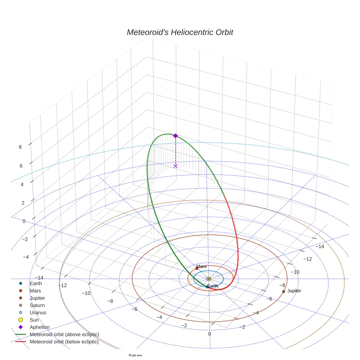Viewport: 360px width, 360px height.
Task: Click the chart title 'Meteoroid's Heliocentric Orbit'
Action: click(x=180, y=33)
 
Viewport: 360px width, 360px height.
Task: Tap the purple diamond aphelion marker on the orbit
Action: click(x=175, y=136)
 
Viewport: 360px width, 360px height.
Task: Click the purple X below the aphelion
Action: click(x=175, y=166)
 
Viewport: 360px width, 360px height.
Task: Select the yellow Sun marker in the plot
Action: click(x=209, y=279)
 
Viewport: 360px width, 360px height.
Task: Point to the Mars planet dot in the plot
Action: click(x=197, y=268)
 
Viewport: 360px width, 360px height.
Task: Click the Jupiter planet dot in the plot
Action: click(x=284, y=292)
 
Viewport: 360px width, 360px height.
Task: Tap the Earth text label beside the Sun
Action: click(x=213, y=286)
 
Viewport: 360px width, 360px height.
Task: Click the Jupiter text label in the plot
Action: click(x=294, y=291)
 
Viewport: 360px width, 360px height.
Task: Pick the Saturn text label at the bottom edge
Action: click(x=135, y=356)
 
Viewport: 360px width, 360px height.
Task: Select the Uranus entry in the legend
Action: click(x=38, y=313)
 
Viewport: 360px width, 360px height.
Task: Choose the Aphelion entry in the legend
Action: click(x=39, y=327)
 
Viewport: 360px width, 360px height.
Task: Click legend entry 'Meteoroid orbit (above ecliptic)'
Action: click(x=64, y=334)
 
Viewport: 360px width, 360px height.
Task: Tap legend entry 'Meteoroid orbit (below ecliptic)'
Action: click(x=64, y=342)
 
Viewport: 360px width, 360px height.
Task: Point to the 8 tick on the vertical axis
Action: click(x=20, y=147)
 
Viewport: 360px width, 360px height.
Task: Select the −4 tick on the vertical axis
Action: click(x=26, y=257)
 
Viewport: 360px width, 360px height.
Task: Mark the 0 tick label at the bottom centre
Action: click(x=209, y=334)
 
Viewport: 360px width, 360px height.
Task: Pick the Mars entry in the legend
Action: click(x=35, y=291)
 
